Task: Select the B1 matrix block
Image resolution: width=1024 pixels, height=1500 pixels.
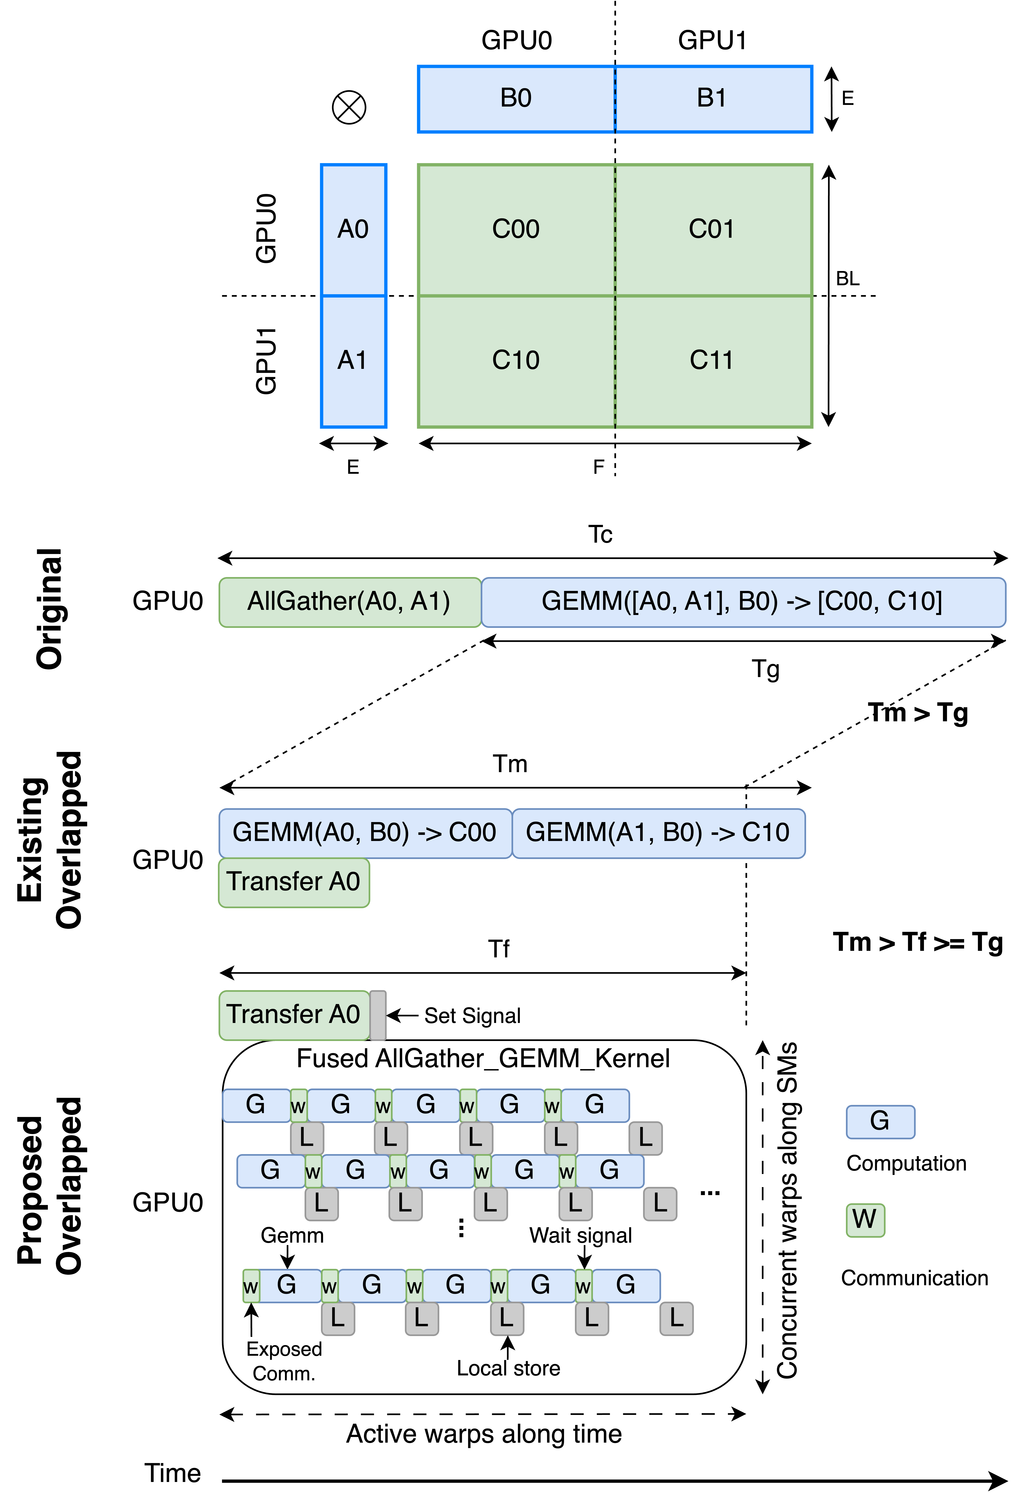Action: (x=712, y=99)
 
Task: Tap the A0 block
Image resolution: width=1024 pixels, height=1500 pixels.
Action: (x=353, y=230)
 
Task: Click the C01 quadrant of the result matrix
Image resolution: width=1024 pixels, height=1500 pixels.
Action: (x=712, y=230)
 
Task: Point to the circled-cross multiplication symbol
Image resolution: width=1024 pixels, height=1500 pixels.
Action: (x=349, y=107)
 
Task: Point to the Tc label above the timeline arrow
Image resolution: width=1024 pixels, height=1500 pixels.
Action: (x=600, y=535)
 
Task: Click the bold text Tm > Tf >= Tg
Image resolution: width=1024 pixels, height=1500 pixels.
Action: (x=918, y=943)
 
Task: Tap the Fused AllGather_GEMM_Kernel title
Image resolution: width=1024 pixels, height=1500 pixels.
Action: (x=483, y=1059)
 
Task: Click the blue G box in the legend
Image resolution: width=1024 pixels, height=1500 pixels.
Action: (x=880, y=1122)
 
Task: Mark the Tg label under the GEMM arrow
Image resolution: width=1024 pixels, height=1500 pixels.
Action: (x=765, y=669)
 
